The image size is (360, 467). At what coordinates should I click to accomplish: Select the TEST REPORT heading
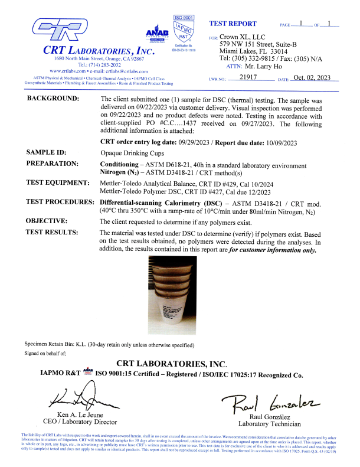pos(233,24)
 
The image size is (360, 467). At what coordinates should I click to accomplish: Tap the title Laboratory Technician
pos(269,423)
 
